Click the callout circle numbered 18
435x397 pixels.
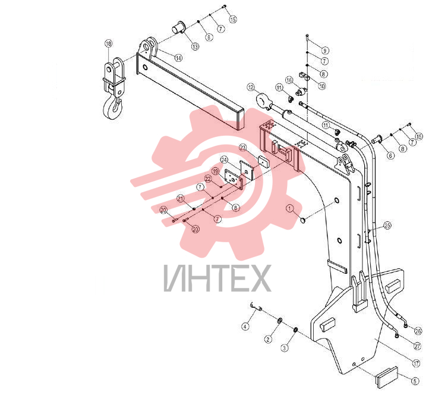coord(109,43)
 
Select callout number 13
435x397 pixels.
coord(196,46)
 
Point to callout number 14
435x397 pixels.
coord(179,58)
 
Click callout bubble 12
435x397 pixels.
coord(251,87)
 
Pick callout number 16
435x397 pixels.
coord(289,80)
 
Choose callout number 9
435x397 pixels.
coord(325,51)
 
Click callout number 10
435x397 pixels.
coord(322,86)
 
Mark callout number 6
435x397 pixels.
coord(390,155)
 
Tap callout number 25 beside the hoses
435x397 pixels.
coord(387,225)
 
